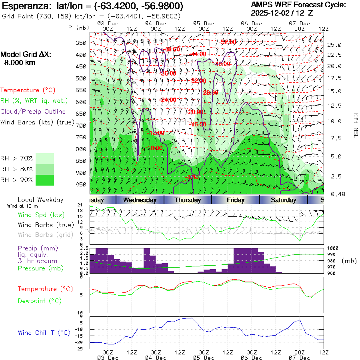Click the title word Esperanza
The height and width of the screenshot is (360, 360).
pos(22,6)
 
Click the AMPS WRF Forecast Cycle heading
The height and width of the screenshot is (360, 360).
pos(298,5)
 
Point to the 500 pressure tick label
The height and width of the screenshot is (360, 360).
pos(81,78)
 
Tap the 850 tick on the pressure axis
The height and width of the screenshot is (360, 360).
pos(81,161)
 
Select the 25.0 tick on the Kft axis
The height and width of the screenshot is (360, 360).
pos(334,45)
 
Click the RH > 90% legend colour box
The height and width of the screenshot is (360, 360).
pos(45,180)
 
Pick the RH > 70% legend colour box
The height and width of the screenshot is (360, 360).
pos(45,158)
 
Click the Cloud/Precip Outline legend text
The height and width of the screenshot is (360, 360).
pos(33,112)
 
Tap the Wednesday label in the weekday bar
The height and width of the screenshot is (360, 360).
pos(140,200)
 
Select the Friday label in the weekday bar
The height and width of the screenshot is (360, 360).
pos(236,200)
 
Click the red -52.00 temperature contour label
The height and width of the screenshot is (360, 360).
pos(229,42)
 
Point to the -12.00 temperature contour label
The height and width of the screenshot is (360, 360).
pos(156,133)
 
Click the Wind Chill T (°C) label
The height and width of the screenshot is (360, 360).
pos(44,333)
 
